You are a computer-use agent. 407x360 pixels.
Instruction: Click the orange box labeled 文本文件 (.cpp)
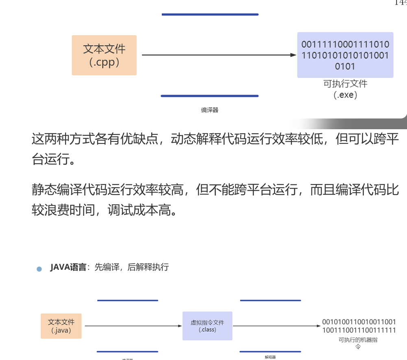(104, 55)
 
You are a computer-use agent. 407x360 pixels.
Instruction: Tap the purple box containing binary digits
(345, 55)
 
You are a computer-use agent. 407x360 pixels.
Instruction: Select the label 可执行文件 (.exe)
(345, 89)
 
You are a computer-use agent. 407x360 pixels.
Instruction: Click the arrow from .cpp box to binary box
(218, 55)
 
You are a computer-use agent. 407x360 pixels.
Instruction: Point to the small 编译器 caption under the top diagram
(210, 110)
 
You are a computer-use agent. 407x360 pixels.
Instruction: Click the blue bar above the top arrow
(210, 14)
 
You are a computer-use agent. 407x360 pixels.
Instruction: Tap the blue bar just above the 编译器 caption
(210, 96)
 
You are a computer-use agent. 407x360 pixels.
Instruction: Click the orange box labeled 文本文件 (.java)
(61, 326)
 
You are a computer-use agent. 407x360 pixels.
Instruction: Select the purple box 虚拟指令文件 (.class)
(207, 326)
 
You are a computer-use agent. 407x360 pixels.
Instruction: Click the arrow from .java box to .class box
(133, 326)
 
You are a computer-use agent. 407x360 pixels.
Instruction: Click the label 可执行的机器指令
(358, 343)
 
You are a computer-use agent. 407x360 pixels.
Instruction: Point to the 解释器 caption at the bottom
(270, 357)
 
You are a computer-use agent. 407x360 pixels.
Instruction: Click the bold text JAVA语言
(68, 267)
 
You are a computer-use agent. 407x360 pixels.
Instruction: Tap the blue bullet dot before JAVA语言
(39, 269)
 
